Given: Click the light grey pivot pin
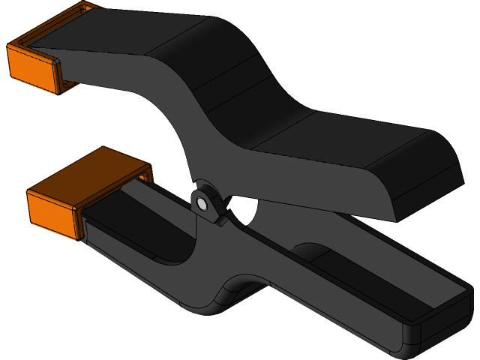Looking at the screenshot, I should (x=201, y=203).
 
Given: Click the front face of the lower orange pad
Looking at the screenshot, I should (x=52, y=214).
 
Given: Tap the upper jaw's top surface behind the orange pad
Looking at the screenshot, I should (x=105, y=34).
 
